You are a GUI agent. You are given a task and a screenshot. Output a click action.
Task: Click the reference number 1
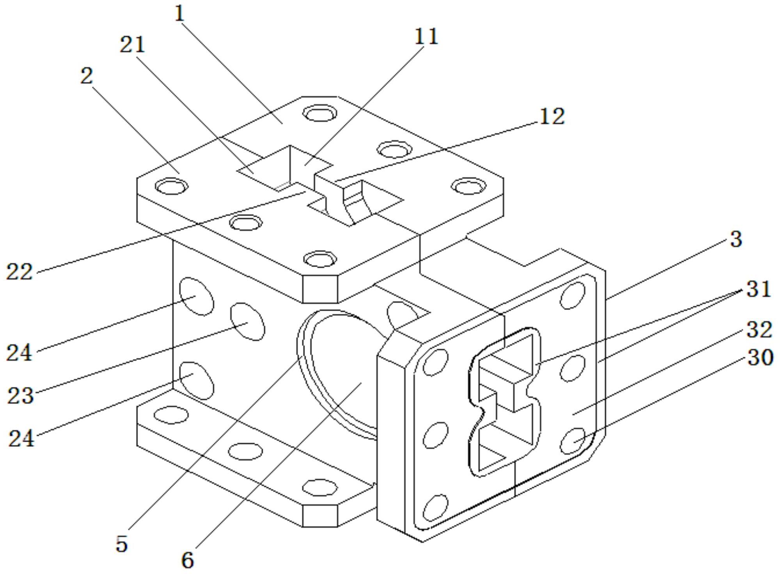[179, 14]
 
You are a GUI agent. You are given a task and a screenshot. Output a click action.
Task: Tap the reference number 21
[132, 44]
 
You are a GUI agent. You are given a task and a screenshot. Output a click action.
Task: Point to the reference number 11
[426, 37]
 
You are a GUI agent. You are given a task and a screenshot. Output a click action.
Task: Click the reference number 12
[551, 116]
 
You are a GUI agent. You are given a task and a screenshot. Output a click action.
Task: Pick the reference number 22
[19, 272]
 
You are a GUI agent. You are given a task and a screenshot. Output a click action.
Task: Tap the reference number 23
[20, 395]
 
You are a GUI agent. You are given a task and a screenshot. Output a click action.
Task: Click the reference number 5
[122, 544]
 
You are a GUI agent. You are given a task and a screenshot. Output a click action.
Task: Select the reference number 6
[188, 560]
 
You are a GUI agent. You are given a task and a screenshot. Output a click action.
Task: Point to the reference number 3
[736, 239]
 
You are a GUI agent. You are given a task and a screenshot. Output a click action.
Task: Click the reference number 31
[759, 289]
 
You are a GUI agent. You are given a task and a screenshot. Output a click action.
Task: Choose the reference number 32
[759, 330]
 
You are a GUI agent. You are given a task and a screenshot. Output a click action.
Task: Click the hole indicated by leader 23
[248, 322]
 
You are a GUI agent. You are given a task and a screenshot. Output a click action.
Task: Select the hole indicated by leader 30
[573, 441]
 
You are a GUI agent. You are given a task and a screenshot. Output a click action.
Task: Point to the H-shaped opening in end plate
[505, 402]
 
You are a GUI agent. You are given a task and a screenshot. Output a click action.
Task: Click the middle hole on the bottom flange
[245, 452]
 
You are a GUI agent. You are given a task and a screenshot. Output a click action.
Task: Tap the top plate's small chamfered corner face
[320, 289]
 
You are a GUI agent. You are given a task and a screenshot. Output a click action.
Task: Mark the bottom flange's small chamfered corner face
[320, 516]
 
